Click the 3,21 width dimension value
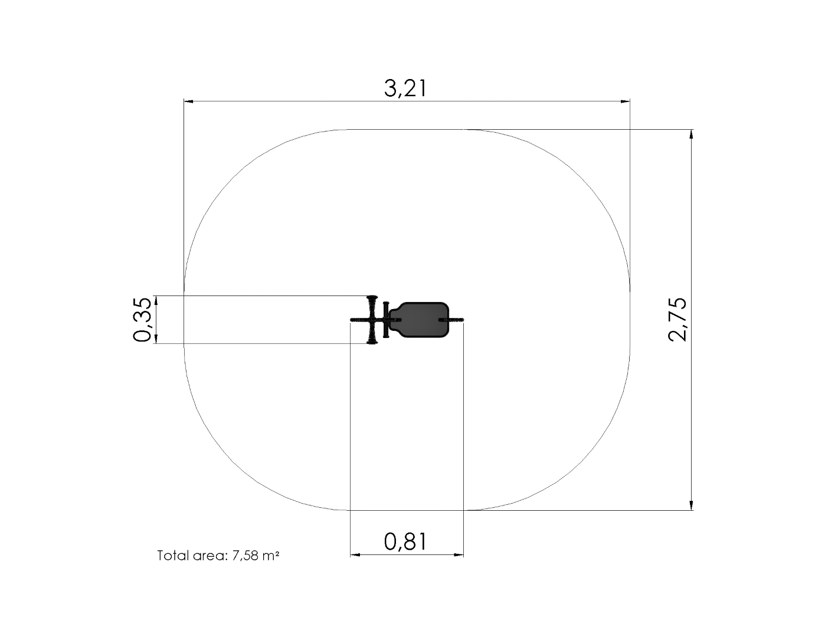(405, 88)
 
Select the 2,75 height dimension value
(677, 320)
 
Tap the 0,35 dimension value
(142, 320)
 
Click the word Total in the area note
(173, 556)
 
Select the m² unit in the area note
(271, 556)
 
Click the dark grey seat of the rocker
(420, 320)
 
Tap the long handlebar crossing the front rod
(372, 320)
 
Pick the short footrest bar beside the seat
(386, 320)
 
